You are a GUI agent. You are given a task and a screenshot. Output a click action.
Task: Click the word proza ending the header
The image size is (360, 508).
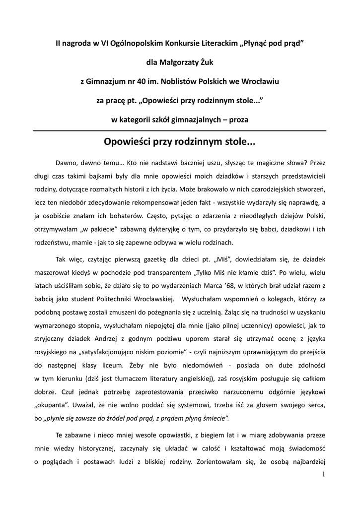click(238, 120)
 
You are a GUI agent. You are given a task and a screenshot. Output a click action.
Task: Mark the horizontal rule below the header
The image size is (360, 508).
click(180, 130)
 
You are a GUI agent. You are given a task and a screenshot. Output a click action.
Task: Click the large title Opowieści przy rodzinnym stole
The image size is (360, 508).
click(180, 142)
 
